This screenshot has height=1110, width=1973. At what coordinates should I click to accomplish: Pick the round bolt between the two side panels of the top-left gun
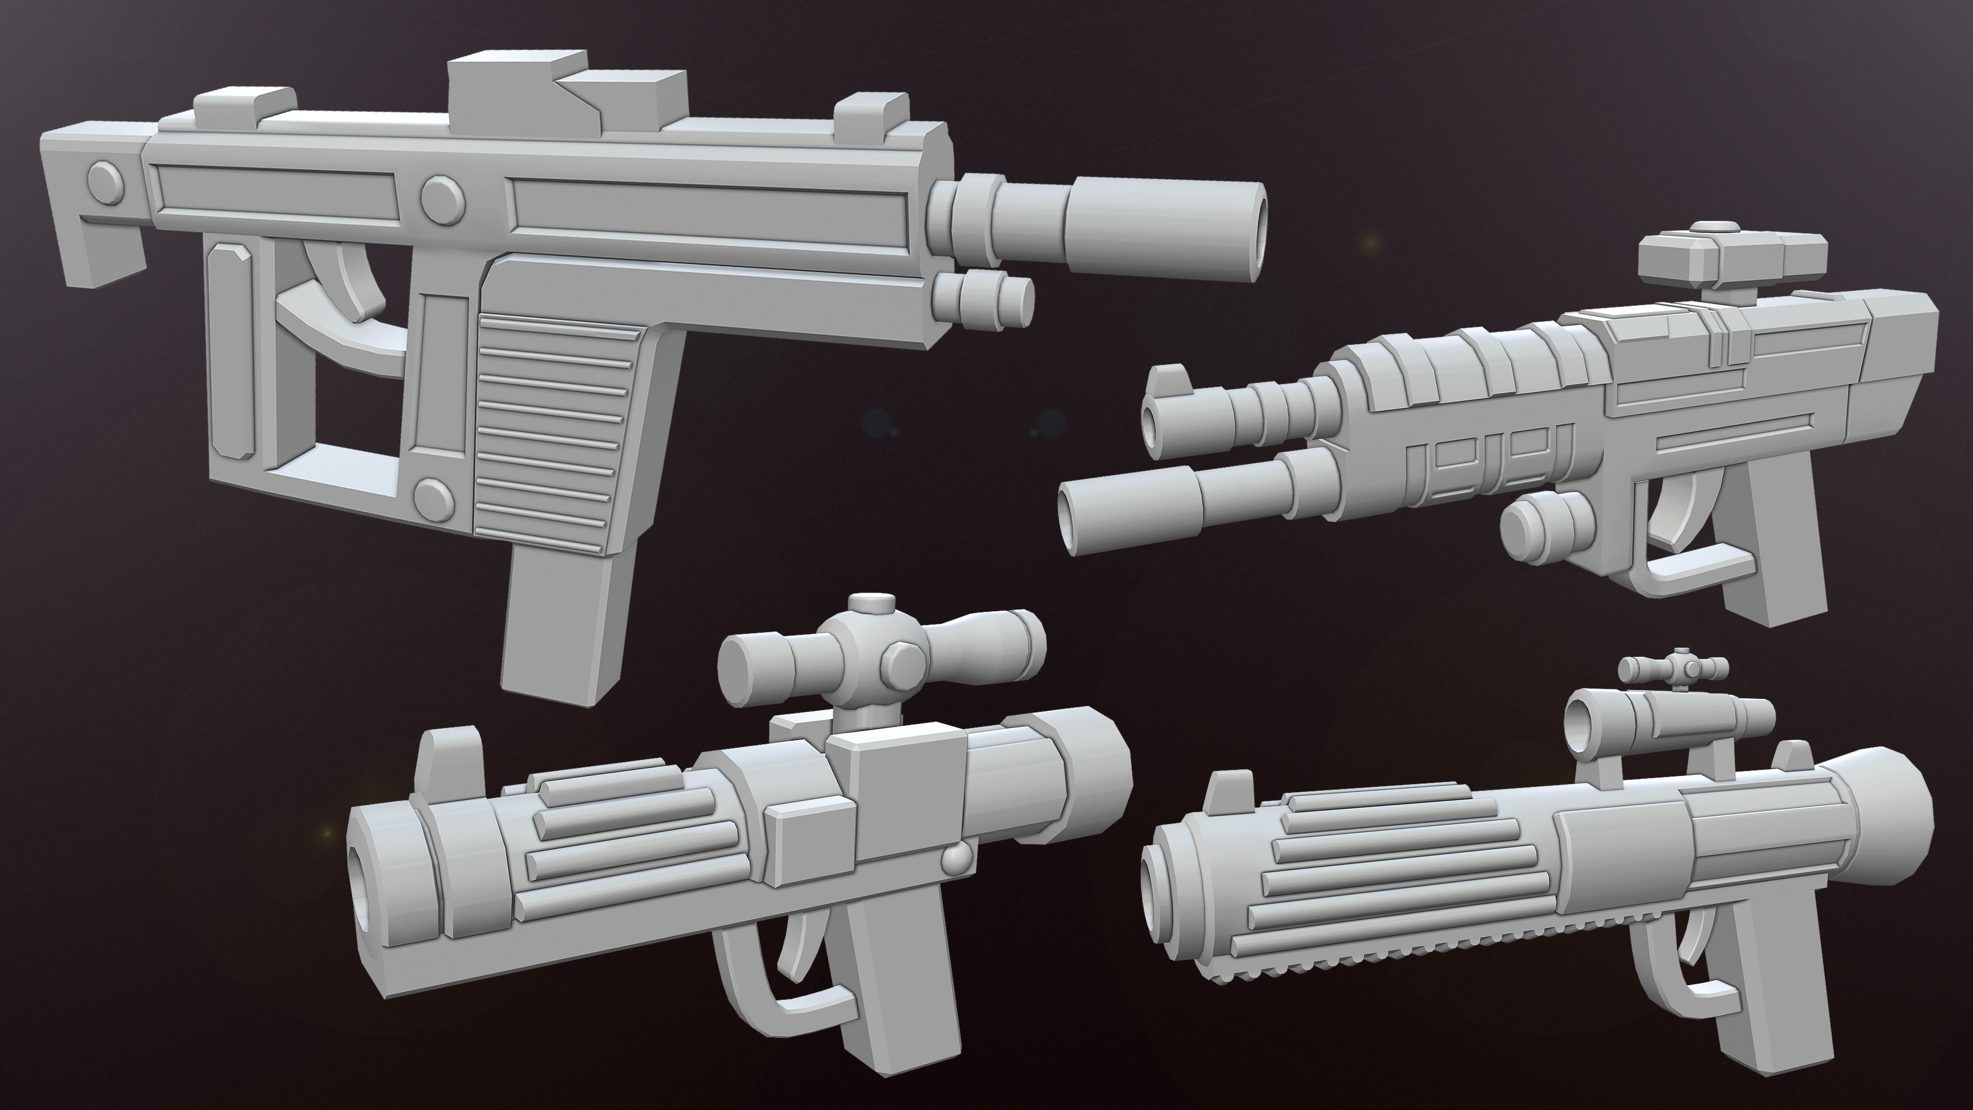[443, 200]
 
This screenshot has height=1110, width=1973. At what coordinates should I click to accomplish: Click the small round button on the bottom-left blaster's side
[957, 860]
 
